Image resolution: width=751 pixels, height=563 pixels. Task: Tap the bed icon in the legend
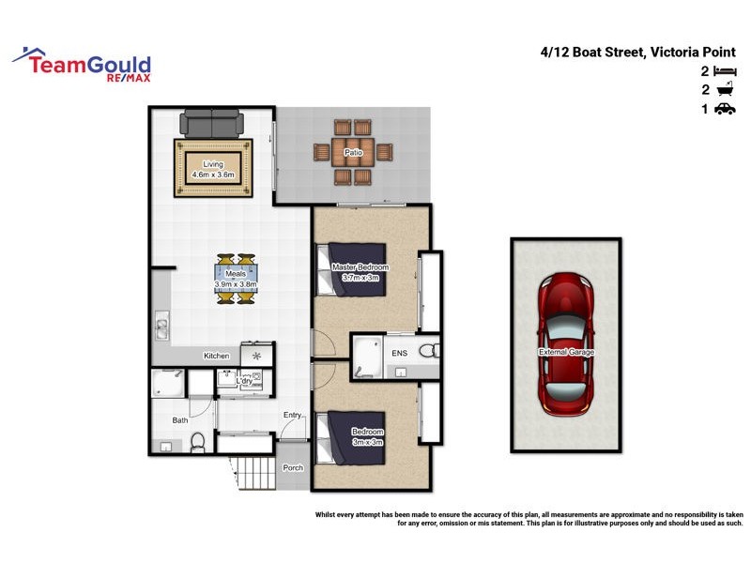tap(724, 71)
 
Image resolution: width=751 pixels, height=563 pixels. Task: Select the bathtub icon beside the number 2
tap(724, 90)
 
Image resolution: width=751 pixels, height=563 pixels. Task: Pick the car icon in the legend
tap(724, 109)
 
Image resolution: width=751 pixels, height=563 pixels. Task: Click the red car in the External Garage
tap(565, 344)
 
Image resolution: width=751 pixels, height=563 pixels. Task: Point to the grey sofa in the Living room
tap(212, 124)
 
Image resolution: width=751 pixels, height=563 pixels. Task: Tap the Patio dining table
tap(353, 151)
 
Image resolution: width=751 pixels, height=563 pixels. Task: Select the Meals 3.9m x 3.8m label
tap(235, 279)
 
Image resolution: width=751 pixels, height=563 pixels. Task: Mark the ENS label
tap(399, 355)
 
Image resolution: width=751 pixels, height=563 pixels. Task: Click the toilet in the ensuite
tap(428, 351)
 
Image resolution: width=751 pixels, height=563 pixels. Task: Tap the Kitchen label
tap(217, 356)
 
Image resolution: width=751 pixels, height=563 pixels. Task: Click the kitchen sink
tap(161, 327)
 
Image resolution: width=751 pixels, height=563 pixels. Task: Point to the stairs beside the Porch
tap(250, 471)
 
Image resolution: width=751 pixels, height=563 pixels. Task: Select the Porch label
tap(293, 467)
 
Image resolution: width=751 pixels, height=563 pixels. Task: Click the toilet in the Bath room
tap(198, 441)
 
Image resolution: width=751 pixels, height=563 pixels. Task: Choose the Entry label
tap(292, 415)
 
